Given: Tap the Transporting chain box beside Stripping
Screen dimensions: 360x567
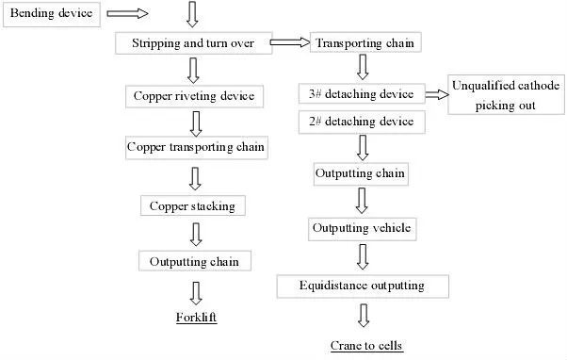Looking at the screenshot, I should click(363, 43).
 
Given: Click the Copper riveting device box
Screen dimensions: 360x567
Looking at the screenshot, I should click(193, 96).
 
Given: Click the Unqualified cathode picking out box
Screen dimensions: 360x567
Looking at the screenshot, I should click(506, 96).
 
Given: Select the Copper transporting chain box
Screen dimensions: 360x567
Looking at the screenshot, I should click(196, 148).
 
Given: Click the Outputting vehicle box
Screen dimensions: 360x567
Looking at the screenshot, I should click(362, 229).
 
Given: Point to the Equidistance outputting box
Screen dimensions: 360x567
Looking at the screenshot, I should click(363, 285).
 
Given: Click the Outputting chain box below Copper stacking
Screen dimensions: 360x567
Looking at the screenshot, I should click(194, 261).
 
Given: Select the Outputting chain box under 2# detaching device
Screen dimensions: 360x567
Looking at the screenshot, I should click(362, 173).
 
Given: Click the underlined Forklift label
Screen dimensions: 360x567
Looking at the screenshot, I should click(196, 319).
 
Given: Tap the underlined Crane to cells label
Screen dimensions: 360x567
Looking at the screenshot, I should click(366, 346).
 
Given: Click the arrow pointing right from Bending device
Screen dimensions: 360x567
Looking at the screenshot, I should click(128, 15).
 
